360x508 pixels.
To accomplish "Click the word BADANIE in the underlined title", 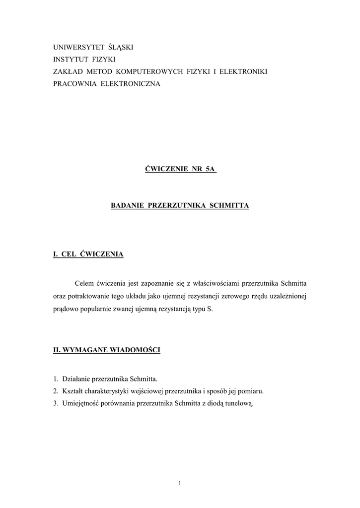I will [127, 205].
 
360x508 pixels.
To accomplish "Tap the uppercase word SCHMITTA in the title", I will [229, 205].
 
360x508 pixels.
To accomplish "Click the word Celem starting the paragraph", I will [84, 284].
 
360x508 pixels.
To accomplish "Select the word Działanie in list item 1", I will [75, 380].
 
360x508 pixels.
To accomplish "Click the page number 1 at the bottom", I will [180, 484].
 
